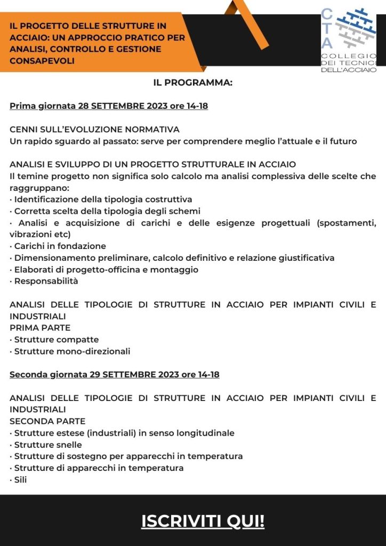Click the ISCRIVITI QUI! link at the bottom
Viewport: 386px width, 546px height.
[x=203, y=521]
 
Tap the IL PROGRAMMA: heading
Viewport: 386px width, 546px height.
[x=193, y=83]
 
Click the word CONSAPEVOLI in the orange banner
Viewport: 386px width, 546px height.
[x=42, y=61]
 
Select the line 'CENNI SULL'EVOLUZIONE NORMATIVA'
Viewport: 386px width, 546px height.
[x=94, y=130]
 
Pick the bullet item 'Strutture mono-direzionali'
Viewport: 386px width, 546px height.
[x=70, y=351]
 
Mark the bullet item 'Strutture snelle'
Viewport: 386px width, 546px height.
[x=46, y=445]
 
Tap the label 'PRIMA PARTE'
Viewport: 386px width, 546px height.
[x=40, y=328]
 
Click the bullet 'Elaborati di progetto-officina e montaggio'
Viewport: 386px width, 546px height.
[x=104, y=270]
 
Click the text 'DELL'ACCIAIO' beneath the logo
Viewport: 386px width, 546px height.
[x=349, y=70]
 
